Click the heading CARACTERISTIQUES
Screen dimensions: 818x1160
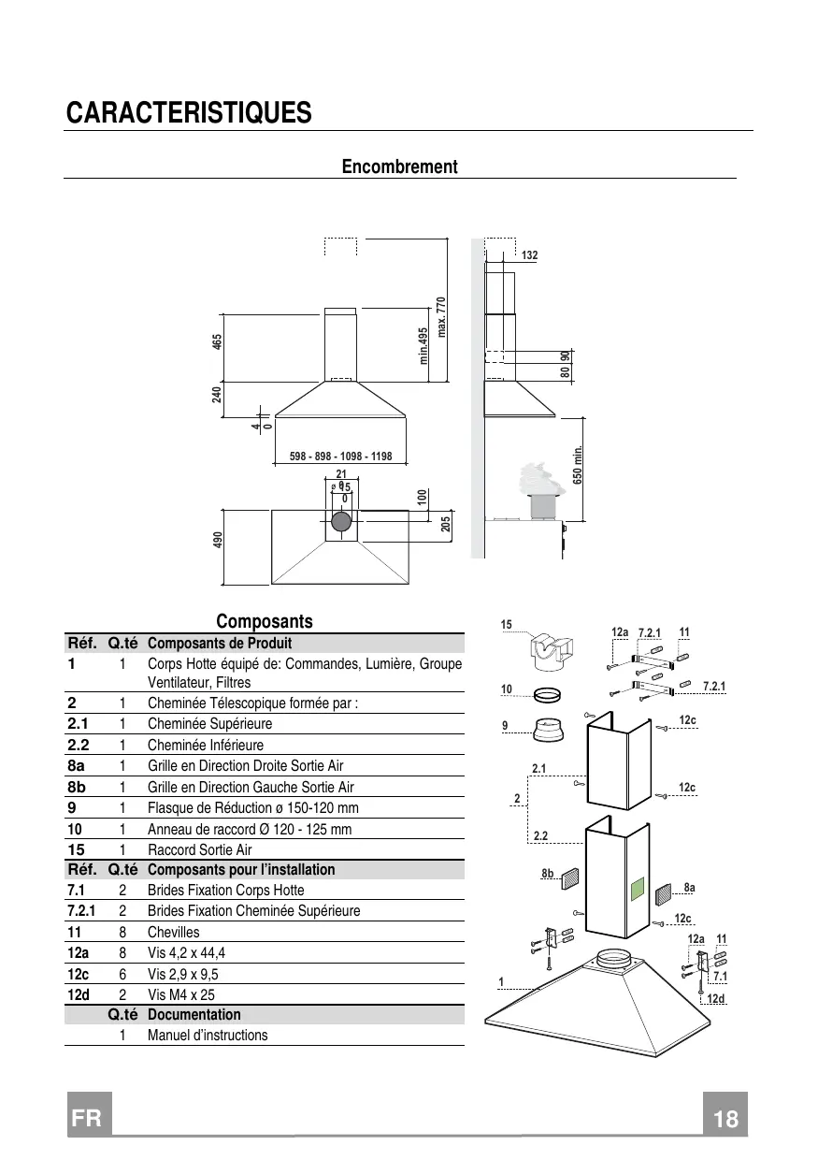[x=189, y=112]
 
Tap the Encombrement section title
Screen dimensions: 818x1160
[x=399, y=167]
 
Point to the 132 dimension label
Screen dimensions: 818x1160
[x=529, y=255]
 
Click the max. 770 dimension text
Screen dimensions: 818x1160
[x=441, y=317]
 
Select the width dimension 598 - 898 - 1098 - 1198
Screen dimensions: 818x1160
[x=340, y=457]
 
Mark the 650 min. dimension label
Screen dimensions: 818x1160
[x=578, y=465]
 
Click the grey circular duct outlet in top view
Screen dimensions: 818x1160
[x=341, y=521]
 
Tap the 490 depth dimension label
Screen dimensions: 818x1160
[x=218, y=540]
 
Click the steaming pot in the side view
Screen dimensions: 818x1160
[x=543, y=491]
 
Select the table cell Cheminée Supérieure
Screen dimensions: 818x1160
[x=209, y=723]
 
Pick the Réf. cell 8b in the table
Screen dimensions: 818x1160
[x=77, y=787]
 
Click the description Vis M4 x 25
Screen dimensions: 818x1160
[x=181, y=994]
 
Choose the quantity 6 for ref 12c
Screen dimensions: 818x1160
[x=122, y=974]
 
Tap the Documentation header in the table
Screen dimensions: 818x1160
[x=194, y=1014]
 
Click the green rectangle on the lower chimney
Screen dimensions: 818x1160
[x=638, y=889]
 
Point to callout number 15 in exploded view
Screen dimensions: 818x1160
[x=506, y=625]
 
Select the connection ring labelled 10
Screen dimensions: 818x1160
[x=547, y=694]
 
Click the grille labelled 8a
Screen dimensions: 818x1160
[x=663, y=894]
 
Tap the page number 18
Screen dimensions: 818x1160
[x=725, y=1119]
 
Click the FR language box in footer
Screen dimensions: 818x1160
[x=89, y=1114]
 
